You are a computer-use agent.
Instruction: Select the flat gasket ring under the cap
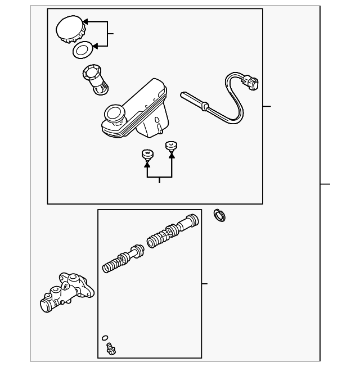click(x=83, y=50)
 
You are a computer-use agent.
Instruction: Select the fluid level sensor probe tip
click(x=188, y=97)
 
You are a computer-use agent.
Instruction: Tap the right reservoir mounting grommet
click(x=172, y=147)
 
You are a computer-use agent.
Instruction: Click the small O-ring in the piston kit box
click(x=105, y=338)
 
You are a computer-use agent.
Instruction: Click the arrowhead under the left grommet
click(x=148, y=164)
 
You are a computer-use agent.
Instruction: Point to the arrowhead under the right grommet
click(x=172, y=156)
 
